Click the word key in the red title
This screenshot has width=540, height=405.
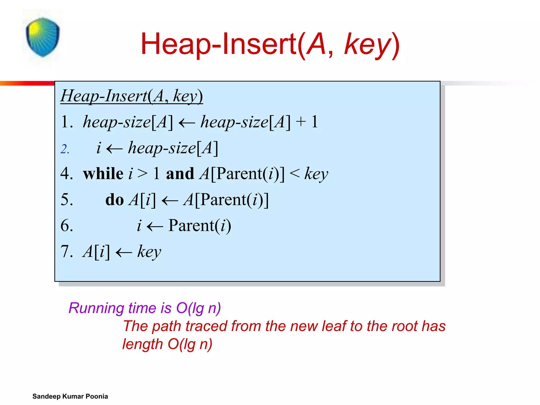coord(368,44)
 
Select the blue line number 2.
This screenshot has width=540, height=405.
coord(65,149)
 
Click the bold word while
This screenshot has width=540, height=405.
coord(103,174)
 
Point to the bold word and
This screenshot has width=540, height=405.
coord(180,174)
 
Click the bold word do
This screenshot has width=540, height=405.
coord(114,200)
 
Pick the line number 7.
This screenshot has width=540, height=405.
coord(66,251)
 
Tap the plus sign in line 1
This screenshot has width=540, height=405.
coord(301,122)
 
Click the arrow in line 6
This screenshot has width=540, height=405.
coord(155,226)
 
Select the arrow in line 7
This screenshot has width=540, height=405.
coord(124,252)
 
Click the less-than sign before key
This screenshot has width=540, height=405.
coord(295,173)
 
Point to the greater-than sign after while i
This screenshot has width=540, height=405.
coord(142,173)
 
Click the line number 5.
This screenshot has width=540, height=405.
coord(66,200)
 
